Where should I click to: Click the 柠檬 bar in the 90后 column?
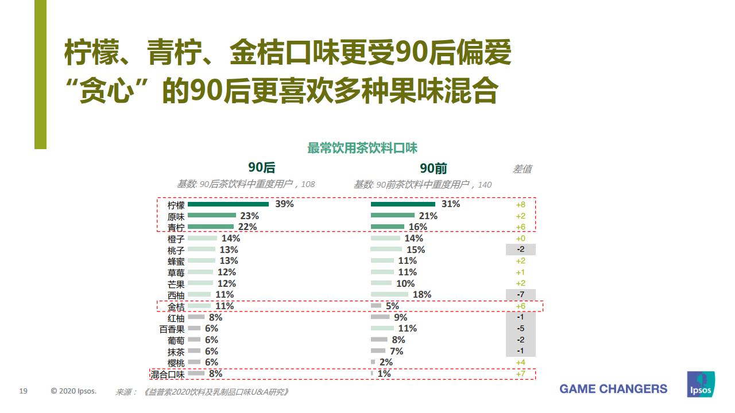click(x=228, y=204)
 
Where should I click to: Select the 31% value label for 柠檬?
click(x=451, y=204)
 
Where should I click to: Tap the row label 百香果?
click(x=172, y=329)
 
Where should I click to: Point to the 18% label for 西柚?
click(x=422, y=295)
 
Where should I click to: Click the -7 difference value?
click(x=520, y=295)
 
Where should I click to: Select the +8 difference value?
click(x=520, y=204)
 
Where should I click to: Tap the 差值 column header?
click(x=522, y=169)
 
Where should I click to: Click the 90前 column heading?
click(x=434, y=168)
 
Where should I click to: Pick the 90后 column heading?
click(x=262, y=167)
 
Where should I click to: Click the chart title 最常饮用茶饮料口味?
click(x=362, y=148)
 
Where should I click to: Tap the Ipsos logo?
click(x=701, y=384)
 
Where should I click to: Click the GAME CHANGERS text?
click(x=613, y=389)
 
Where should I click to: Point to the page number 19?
click(x=24, y=391)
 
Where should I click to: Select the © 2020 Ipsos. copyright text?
click(x=73, y=391)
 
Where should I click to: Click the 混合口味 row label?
click(x=168, y=375)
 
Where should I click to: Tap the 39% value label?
click(x=284, y=204)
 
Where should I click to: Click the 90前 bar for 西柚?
click(x=389, y=295)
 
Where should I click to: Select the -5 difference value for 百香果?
click(x=520, y=329)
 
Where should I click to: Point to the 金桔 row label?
click(x=176, y=307)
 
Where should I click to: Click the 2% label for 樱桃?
click(x=386, y=363)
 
